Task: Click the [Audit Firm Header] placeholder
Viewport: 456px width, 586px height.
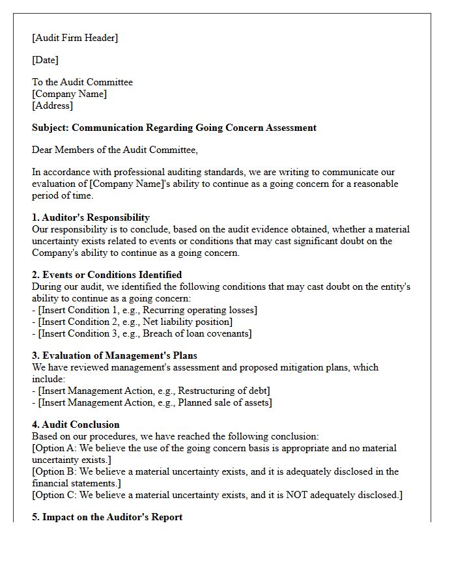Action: (75, 38)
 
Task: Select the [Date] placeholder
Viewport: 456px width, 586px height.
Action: (45, 60)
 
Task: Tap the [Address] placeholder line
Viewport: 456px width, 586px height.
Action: (52, 105)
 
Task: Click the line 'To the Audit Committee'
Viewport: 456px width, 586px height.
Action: (82, 82)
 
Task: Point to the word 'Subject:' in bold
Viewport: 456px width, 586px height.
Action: (51, 128)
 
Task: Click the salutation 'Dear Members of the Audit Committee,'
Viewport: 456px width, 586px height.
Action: (114, 150)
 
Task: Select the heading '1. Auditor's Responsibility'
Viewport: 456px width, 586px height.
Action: (91, 217)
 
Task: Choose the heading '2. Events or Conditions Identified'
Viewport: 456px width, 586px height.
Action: (107, 275)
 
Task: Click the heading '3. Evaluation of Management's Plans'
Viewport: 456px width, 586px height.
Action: (114, 356)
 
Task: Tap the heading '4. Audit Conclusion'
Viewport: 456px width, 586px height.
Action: (76, 425)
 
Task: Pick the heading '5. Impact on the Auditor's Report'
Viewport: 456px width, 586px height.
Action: (107, 517)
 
